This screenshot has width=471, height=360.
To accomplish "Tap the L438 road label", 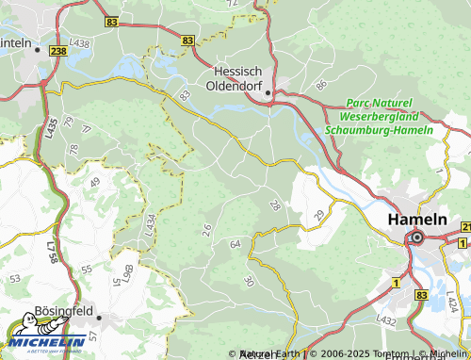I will point(80,43).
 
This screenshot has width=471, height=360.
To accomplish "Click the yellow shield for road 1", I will point(397,283).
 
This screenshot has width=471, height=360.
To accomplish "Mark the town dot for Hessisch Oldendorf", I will point(268,92).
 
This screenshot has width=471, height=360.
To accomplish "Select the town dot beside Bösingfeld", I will point(97,319).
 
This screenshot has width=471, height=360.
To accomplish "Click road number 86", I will point(321,86).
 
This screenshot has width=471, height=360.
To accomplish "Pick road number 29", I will point(317,217).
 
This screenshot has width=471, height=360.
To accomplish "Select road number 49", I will point(94,182).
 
